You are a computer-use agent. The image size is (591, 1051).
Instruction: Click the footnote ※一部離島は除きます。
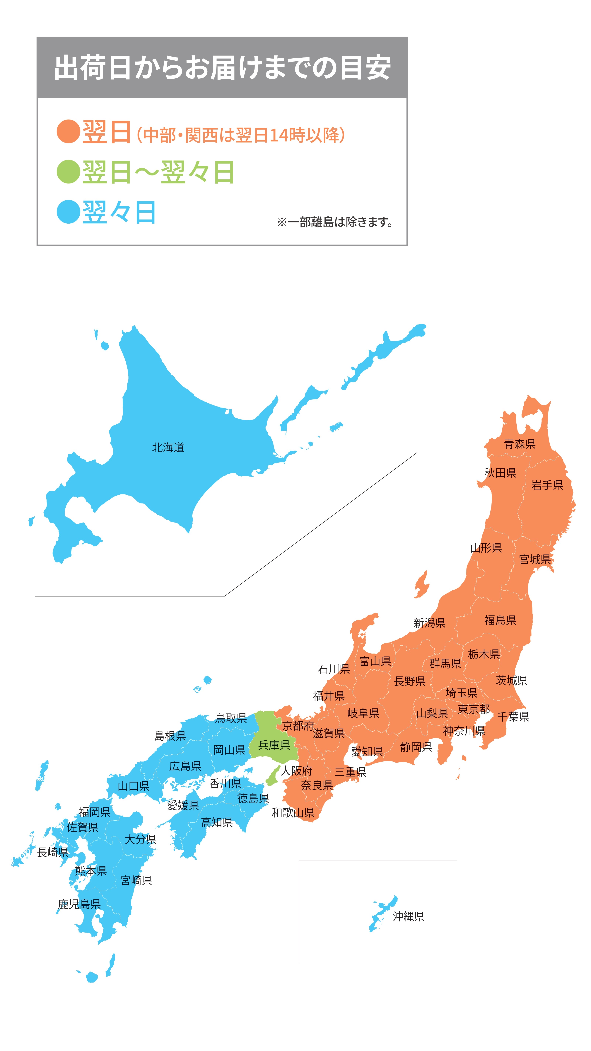point(334,222)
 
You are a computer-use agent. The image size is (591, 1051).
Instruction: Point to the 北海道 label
point(168,448)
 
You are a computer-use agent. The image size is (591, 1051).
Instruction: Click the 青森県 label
point(520,444)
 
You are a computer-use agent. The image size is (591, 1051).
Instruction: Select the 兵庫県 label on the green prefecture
point(274,745)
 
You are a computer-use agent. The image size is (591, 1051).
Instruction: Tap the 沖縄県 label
point(408,916)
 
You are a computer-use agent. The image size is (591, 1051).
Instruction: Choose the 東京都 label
point(474,709)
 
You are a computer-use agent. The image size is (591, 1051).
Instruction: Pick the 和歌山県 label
point(293,812)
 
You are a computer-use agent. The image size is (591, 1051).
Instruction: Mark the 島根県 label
point(170,736)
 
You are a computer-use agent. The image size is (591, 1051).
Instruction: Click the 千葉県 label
point(513,716)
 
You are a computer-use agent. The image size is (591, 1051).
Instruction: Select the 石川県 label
point(334,669)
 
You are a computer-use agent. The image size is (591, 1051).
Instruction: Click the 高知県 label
point(217,822)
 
